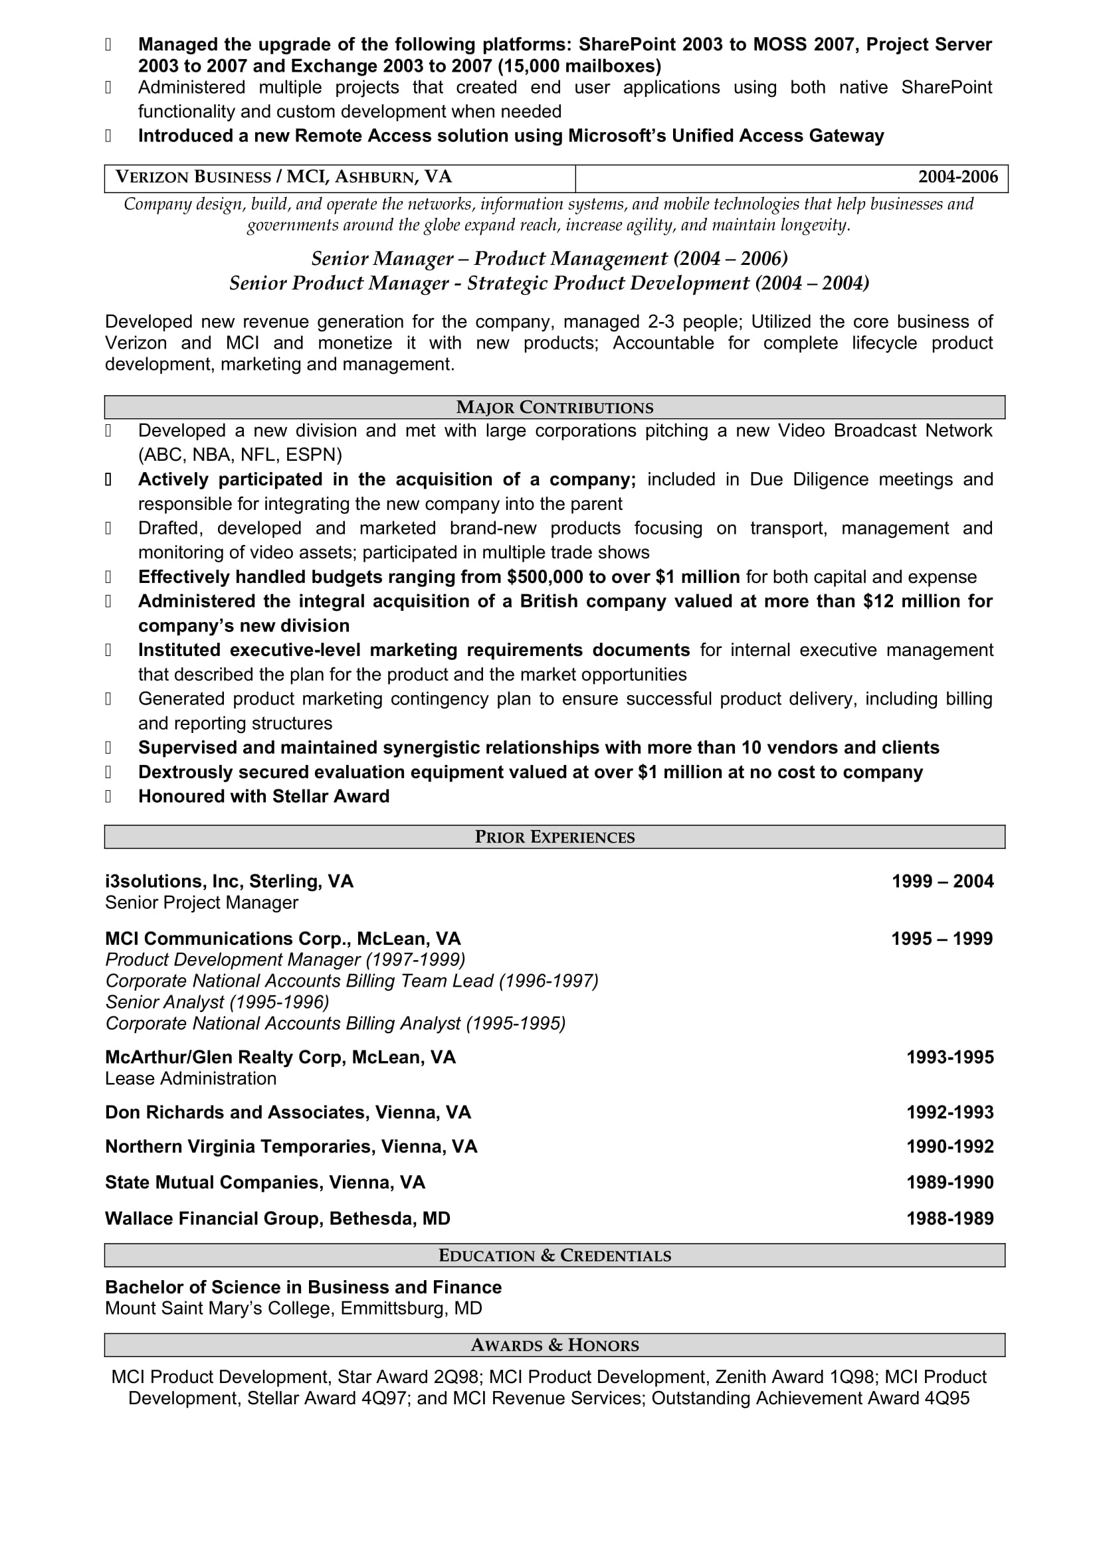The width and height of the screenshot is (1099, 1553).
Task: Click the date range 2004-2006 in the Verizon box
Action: click(957, 177)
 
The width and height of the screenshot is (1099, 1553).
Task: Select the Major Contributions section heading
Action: click(554, 408)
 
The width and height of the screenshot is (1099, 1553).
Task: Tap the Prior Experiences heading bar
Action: click(554, 837)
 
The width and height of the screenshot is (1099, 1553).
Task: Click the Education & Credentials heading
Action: click(554, 1256)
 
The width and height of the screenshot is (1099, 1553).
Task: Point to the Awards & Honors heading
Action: click(554, 1345)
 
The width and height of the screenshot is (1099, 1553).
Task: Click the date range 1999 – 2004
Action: click(942, 881)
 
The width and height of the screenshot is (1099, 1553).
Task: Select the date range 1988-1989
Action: click(949, 1219)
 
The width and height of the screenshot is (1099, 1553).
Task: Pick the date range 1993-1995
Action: click(949, 1057)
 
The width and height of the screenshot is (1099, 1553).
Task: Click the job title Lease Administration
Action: click(190, 1078)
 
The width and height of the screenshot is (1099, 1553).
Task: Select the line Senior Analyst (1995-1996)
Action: click(217, 1002)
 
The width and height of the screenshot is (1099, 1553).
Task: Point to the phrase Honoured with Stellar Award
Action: click(263, 796)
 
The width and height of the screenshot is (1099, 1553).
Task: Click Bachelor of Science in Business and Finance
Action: click(303, 1287)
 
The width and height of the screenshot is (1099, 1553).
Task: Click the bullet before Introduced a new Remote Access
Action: click(108, 136)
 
